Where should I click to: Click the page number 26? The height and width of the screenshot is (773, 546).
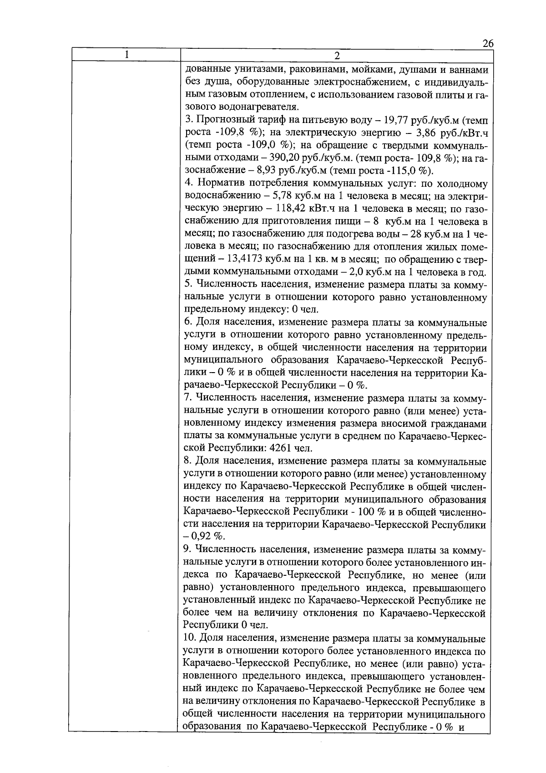coord(488,44)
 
